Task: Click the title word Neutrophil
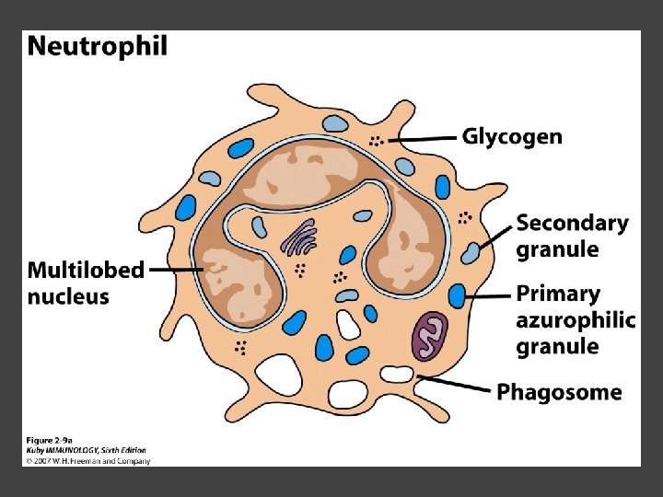click(98, 47)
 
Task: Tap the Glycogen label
click(511, 137)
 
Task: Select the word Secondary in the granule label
click(572, 224)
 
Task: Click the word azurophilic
click(576, 320)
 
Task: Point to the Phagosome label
click(559, 393)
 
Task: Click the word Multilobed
click(86, 271)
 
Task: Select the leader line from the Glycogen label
click(425, 138)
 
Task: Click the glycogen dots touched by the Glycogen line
click(376, 141)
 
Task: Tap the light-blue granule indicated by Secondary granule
click(472, 251)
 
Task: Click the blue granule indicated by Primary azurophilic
click(457, 295)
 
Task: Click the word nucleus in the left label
click(68, 297)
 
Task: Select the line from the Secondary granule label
click(495, 236)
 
